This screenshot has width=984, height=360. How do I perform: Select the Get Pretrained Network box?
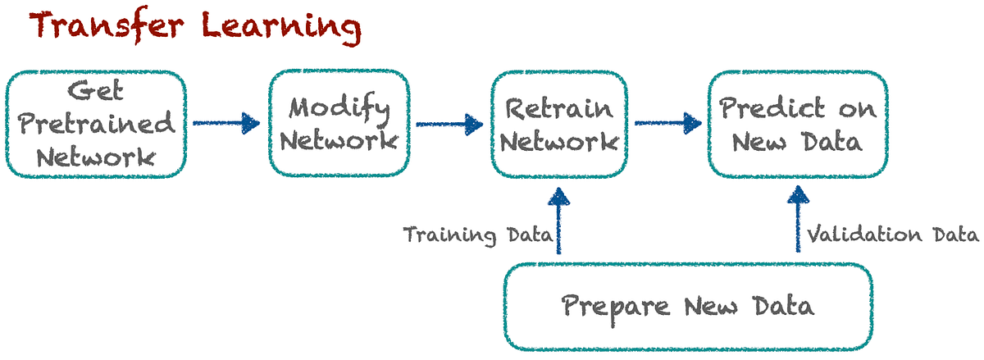96,123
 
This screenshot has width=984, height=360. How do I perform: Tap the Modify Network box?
339,123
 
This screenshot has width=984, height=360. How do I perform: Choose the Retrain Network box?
558,123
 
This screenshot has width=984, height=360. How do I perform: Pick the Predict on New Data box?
796,123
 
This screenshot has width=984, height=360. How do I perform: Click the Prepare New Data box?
687,307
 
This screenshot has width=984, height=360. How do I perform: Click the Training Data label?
477,236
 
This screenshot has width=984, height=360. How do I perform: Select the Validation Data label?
892,236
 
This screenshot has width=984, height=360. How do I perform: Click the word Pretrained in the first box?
97,124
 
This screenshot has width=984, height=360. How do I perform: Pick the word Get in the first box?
96,92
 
